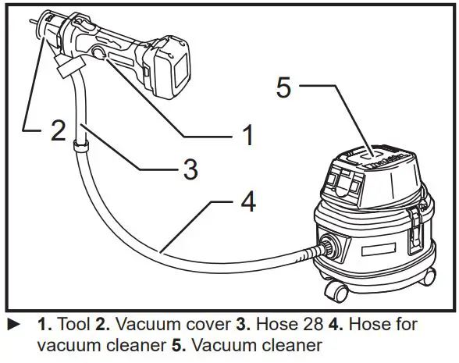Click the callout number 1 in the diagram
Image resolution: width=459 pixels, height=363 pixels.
pos(247,136)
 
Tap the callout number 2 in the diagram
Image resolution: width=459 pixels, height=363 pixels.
pos(57,130)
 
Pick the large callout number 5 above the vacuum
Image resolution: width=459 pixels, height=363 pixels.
pos(284,87)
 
